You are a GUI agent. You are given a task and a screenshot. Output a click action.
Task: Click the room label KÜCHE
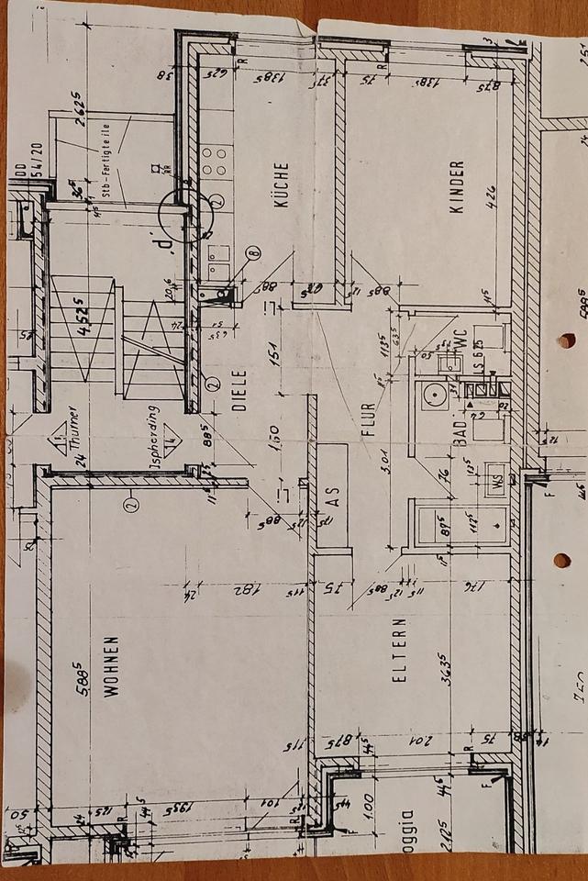click(281, 184)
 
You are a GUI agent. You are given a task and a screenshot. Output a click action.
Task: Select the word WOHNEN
click(112, 667)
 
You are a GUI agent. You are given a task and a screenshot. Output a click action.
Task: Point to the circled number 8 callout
click(252, 249)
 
